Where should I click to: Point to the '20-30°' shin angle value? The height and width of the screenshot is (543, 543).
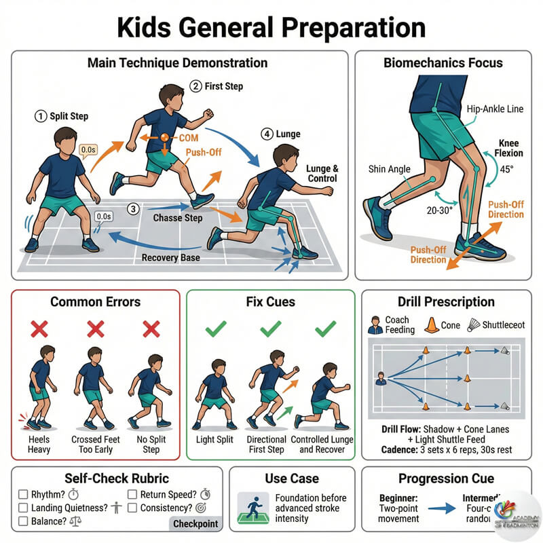[419, 211]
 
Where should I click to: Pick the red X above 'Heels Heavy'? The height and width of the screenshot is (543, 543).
[39, 329]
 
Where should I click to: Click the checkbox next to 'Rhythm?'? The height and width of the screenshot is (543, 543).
[23, 494]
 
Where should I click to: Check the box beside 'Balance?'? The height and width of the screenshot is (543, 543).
[23, 521]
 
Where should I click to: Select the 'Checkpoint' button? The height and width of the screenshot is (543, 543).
[195, 524]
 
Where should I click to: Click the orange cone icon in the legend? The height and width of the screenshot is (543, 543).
[430, 325]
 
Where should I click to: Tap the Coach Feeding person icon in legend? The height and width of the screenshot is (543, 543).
[374, 325]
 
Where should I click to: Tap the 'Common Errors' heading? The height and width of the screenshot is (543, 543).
[95, 302]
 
